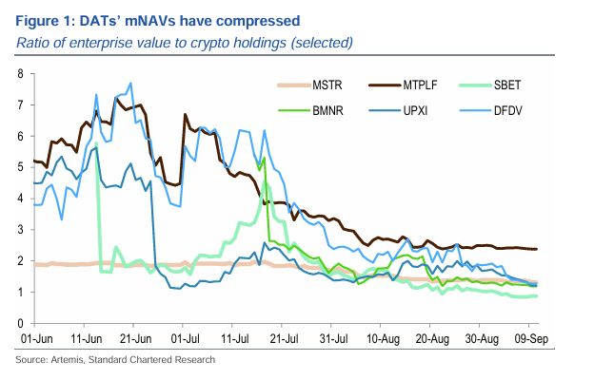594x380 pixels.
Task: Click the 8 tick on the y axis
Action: click(21, 74)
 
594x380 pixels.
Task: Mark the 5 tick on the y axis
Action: click(21, 167)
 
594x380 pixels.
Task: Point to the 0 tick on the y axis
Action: click(21, 323)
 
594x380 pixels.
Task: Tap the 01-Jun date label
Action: click(34, 337)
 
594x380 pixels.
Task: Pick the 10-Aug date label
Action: click(381, 337)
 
